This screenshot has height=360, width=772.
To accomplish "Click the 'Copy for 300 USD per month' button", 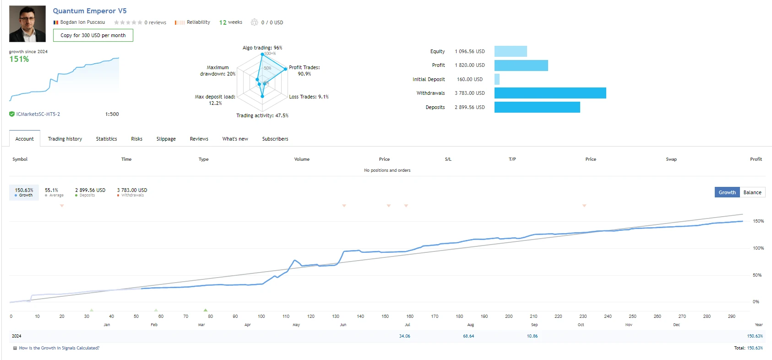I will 93,35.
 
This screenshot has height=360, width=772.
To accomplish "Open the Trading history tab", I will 65,139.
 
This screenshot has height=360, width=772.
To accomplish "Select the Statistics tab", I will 106,139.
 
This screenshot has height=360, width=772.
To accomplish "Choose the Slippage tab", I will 166,139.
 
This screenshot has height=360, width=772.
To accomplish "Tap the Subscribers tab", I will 275,139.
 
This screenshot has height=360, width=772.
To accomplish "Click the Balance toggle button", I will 752,192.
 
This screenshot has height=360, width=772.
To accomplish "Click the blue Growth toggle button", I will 727,192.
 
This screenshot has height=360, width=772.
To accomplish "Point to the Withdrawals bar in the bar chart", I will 550,93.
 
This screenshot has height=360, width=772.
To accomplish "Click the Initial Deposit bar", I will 497,79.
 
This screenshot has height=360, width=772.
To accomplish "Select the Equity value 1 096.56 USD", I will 469,51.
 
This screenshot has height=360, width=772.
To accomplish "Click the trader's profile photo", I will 27,24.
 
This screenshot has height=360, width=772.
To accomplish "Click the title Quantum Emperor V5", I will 90,11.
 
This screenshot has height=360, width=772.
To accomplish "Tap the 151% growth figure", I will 19,59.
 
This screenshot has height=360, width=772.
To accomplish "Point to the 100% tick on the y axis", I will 758,248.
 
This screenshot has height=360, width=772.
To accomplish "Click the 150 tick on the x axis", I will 385,316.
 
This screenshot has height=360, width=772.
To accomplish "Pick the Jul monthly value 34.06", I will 404,336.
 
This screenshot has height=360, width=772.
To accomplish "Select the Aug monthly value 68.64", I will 468,336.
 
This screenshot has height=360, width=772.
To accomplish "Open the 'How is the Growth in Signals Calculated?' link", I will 59,348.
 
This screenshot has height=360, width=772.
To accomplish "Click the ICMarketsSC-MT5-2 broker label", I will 38,114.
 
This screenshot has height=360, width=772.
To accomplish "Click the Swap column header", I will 671,159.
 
